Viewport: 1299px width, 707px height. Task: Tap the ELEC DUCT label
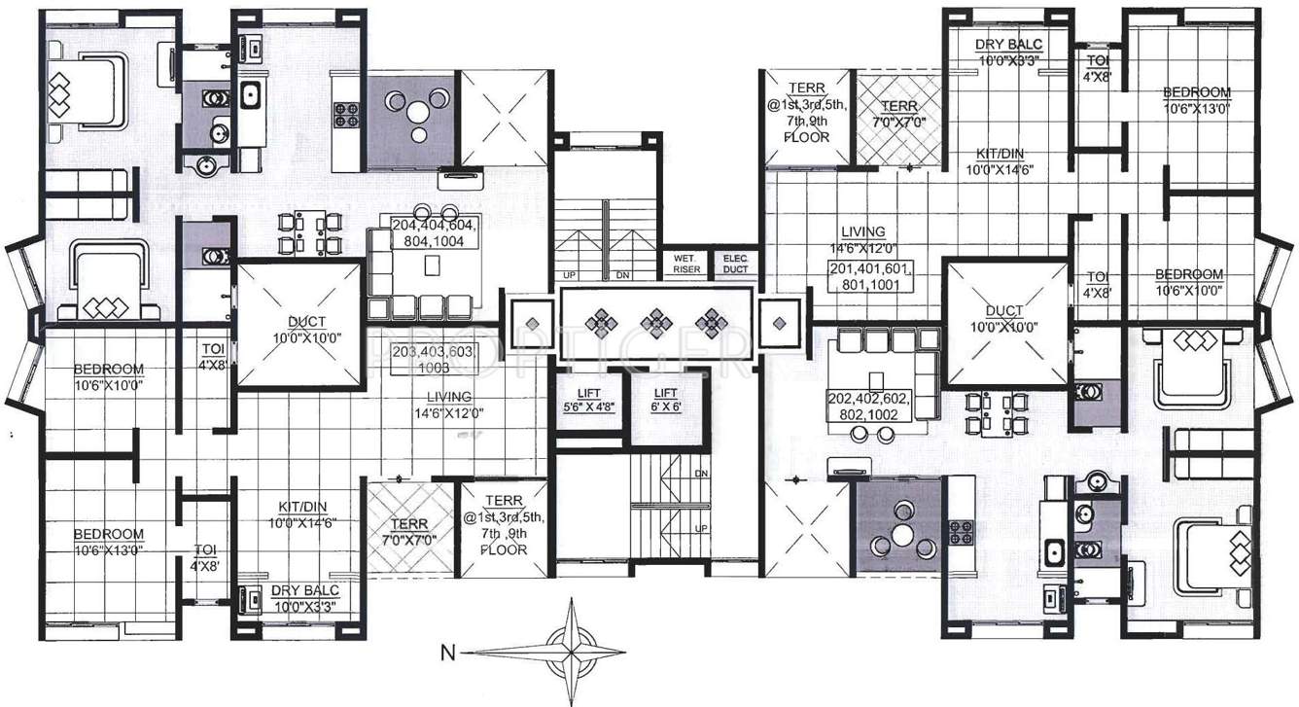pos(734,265)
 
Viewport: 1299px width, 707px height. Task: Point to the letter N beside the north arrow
pos(447,653)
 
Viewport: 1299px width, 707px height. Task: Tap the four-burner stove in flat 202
pos(962,532)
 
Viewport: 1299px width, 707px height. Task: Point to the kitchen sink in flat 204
pos(250,94)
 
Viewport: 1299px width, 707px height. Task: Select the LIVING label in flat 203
pos(448,405)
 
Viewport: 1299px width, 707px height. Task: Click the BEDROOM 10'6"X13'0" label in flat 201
pos(1196,100)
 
